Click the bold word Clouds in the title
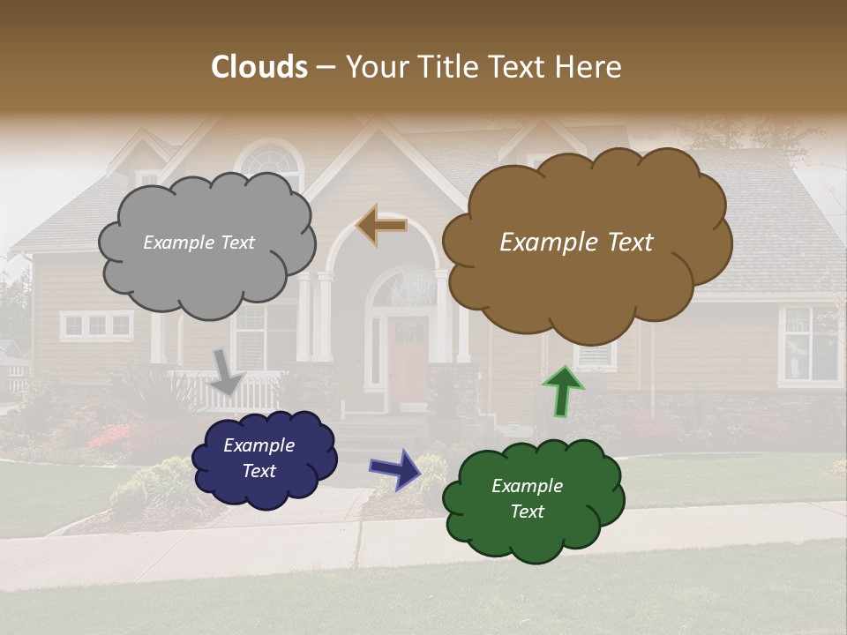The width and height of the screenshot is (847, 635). point(259,67)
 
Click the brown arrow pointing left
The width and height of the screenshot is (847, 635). point(381,225)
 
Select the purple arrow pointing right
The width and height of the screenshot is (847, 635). point(395,468)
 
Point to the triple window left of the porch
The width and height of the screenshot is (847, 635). point(97,325)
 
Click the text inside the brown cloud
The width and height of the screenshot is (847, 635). point(576,243)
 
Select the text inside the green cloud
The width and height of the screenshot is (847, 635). point(527,498)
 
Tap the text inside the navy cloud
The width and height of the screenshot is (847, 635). point(259,458)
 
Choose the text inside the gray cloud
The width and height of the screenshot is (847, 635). point(199,243)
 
